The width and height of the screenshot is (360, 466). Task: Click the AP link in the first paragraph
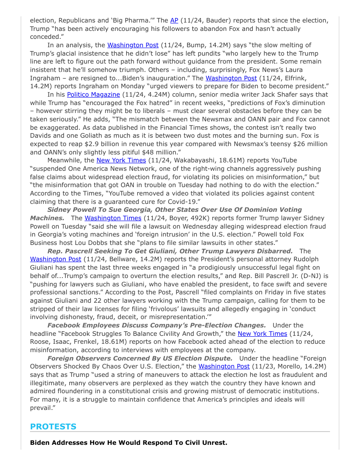pos(174,20)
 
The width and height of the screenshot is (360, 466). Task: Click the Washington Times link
pos(113,218)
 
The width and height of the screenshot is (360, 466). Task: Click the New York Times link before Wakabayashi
pos(121,160)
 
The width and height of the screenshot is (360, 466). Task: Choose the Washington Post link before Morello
pos(224,366)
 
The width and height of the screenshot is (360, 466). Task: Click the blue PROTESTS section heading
pos(53,426)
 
